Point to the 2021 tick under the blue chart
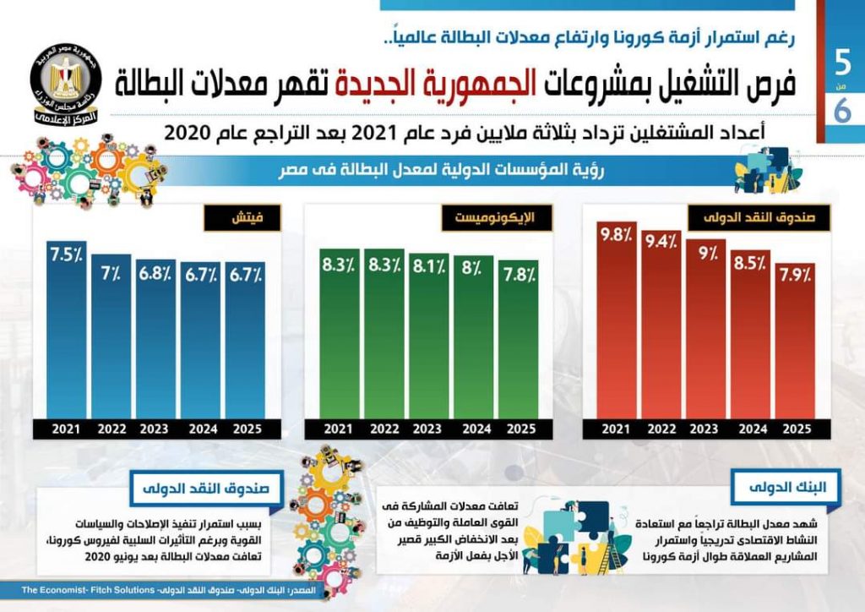point(66,429)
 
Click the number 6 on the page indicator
point(842,111)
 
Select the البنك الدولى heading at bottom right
point(797,488)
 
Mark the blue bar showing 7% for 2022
point(112,338)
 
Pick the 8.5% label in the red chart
point(751,263)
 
